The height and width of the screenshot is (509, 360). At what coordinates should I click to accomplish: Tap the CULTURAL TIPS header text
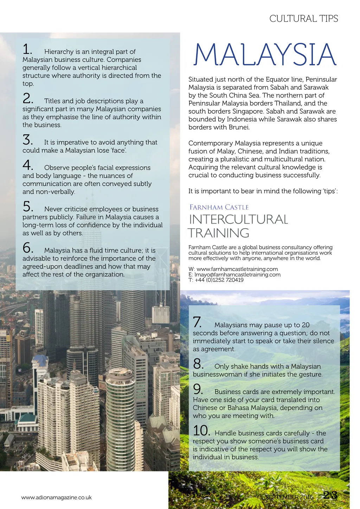[x=303, y=19]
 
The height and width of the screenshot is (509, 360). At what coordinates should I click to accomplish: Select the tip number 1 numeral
[x=27, y=49]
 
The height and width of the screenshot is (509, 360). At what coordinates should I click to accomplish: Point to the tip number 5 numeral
[x=28, y=206]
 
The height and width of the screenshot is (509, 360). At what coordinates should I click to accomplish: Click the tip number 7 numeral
[x=197, y=322]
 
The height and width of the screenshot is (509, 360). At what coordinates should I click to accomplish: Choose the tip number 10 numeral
[x=201, y=431]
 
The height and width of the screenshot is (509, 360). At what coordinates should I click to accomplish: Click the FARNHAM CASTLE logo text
[x=219, y=207]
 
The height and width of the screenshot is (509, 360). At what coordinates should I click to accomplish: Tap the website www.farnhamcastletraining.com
[x=237, y=269]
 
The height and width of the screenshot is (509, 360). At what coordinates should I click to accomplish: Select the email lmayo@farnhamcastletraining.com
[x=238, y=274]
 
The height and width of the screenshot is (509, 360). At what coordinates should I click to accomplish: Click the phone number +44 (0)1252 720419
[x=219, y=280]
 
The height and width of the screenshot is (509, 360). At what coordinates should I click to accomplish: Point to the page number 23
[x=330, y=495]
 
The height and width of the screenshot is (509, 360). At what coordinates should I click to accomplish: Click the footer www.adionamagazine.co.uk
[x=56, y=497]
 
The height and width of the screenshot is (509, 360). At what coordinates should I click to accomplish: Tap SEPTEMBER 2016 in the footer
[x=289, y=497]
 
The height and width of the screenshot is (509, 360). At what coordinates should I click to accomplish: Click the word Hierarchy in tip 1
[x=59, y=52]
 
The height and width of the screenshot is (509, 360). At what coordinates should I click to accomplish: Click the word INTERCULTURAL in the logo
[x=238, y=219]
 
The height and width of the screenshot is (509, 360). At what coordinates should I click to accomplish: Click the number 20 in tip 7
[x=306, y=325]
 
